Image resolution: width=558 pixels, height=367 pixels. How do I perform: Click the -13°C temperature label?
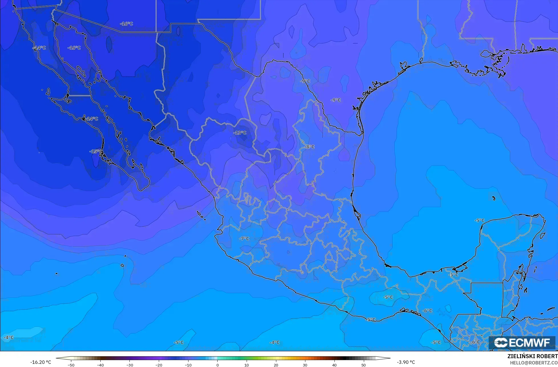[240, 133]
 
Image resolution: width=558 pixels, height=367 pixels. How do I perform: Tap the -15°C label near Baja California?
[96, 151]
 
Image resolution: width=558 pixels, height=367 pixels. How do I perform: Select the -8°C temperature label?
[309, 147]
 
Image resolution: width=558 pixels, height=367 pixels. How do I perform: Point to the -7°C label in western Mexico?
[244, 238]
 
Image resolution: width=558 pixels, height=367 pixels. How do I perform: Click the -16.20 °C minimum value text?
[41, 362]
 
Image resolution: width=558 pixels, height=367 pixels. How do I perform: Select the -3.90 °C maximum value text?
[406, 362]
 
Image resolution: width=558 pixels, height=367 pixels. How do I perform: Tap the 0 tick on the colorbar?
[217, 365]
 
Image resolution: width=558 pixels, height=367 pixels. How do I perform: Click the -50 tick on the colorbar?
[71, 365]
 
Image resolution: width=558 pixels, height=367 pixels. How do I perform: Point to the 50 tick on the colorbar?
[364, 365]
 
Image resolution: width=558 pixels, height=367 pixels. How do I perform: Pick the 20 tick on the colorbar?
[276, 365]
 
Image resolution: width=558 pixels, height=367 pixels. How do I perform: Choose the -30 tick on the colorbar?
[129, 365]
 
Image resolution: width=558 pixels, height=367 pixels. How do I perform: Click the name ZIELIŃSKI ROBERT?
[532, 356]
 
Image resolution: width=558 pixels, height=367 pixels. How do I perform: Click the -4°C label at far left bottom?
[9, 337]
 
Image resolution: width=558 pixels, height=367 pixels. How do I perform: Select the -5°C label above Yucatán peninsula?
[479, 220]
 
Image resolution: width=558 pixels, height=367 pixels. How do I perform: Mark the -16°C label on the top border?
[126, 24]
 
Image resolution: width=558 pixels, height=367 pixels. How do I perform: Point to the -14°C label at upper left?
[39, 48]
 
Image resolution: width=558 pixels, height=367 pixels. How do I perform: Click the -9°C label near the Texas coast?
[336, 100]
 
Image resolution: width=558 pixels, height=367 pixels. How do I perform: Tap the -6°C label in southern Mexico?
[427, 311]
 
